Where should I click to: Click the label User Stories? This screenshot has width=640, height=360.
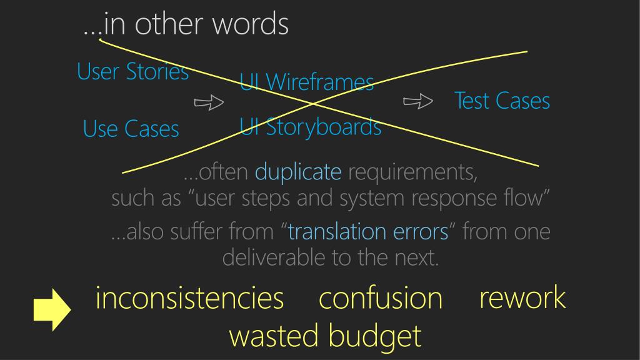(132, 72)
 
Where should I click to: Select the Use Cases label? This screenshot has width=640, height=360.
(131, 129)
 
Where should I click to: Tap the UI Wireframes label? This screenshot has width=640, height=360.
(307, 82)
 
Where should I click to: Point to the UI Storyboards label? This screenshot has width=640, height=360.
(311, 127)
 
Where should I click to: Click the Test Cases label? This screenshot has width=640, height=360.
(502, 101)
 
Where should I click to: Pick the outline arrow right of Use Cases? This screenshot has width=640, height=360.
(209, 102)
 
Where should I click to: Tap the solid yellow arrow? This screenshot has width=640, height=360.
(52, 309)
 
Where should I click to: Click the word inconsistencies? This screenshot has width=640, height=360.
(189, 298)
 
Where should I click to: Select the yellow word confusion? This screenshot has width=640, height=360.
(380, 298)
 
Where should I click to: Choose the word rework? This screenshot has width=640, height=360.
(522, 297)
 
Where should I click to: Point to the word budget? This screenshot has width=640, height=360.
(374, 336)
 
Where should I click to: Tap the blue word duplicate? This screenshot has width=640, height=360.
(298, 171)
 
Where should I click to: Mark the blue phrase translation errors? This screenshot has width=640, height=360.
(368, 232)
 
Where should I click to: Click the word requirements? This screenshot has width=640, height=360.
(412, 171)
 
